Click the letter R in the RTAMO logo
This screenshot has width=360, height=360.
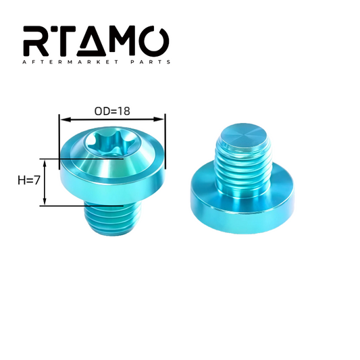click(x=37, y=42)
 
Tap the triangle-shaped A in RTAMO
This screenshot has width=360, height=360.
click(x=99, y=43)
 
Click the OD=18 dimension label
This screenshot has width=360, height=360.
click(x=112, y=109)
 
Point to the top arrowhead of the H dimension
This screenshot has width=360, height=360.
click(x=45, y=161)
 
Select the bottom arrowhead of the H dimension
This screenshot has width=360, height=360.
click(x=45, y=203)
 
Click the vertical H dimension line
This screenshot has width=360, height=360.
click(x=45, y=182)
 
